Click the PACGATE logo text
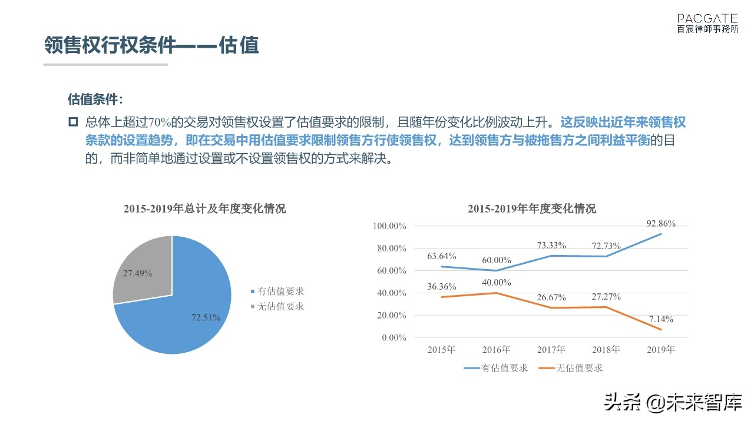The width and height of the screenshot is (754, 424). tap(707, 18)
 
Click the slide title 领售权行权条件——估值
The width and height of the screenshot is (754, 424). tap(152, 45)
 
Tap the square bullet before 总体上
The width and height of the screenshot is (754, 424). tap(73, 122)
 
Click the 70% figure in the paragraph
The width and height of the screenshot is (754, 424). tap(160, 122)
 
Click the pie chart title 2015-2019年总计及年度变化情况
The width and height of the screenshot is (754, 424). tap(204, 209)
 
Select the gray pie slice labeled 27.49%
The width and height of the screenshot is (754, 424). tap(141, 271)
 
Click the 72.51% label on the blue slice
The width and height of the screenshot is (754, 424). tap(206, 317)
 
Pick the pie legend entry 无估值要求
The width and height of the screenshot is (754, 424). tap(280, 306)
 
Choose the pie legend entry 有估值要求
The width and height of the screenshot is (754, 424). tap(280, 291)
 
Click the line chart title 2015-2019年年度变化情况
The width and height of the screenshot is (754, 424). tap(531, 209)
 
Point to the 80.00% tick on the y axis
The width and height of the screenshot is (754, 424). tap(389, 249)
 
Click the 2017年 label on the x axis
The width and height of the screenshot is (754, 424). tap(551, 350)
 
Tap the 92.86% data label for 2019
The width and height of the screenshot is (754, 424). tap(660, 224)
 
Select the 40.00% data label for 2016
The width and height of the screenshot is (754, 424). tap(496, 283)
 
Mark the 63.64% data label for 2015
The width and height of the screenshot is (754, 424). tap(442, 256)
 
